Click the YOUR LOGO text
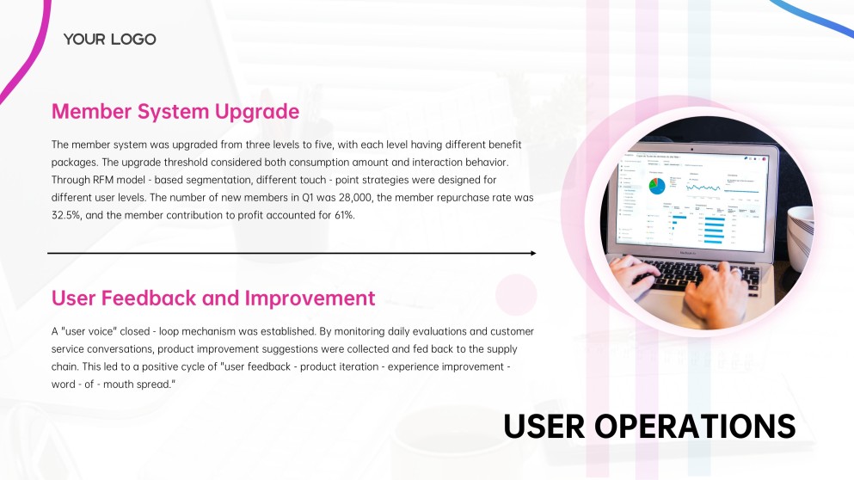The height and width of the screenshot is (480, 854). tap(109, 39)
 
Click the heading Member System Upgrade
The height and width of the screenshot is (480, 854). tap(175, 111)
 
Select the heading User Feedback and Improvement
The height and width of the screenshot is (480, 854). tap(213, 298)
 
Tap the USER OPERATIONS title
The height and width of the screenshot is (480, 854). tap(649, 426)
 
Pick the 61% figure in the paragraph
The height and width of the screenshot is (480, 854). tap(340, 215)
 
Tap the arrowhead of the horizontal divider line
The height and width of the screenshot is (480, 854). tap(532, 253)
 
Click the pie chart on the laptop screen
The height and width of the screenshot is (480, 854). tap(656, 185)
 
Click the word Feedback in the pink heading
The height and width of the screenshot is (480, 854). tap(147, 298)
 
